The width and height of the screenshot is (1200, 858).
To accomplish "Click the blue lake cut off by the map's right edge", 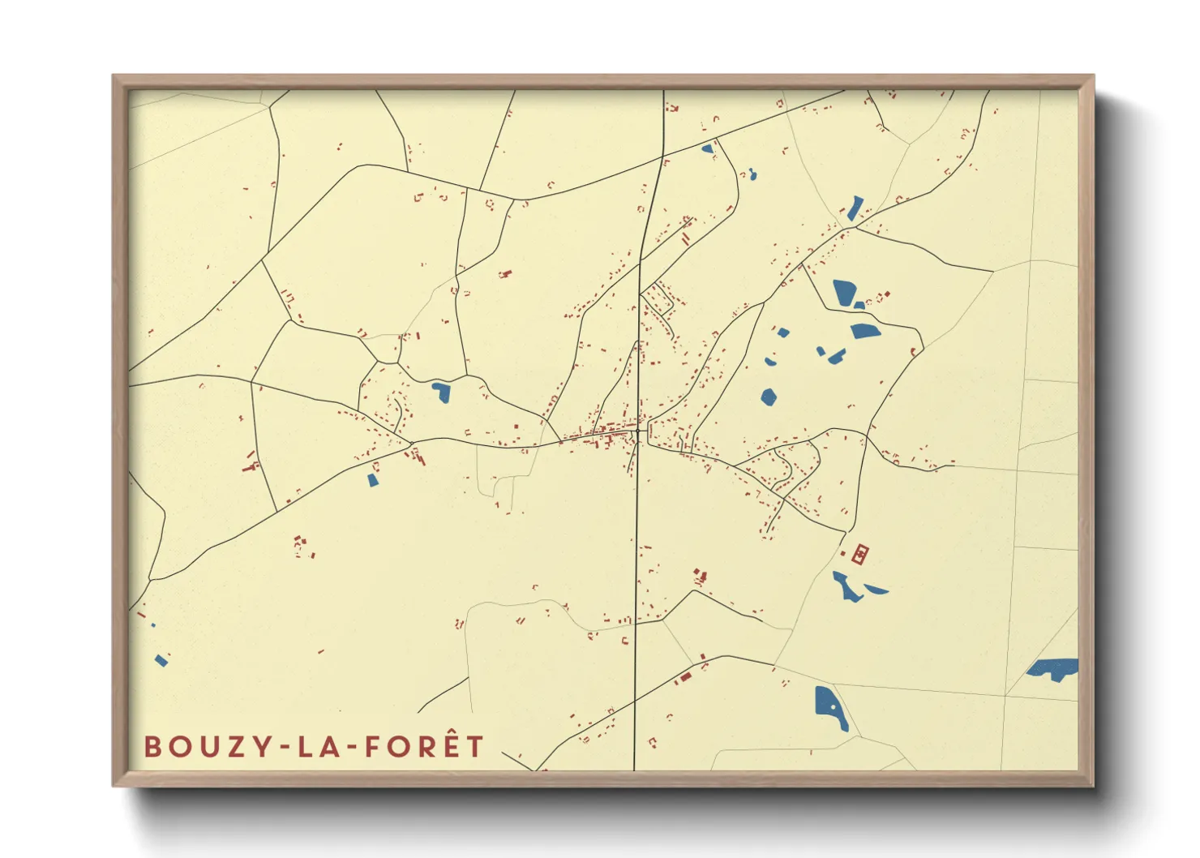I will coord(1054,669).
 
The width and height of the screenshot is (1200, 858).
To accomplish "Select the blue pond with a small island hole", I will coord(829,706).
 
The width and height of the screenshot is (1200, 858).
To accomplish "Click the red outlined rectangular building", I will coord(859,554).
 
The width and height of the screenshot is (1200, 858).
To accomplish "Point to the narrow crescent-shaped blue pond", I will coord(876,589).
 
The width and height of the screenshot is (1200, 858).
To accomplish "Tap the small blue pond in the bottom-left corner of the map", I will coord(161,661).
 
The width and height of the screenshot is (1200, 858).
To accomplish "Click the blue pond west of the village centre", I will coord(440,392).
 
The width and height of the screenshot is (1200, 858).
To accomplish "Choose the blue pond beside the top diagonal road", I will coord(707,149).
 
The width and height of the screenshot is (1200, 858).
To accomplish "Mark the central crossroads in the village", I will coord(640,432).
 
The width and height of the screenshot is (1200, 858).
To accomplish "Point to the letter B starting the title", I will coord(152,746).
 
